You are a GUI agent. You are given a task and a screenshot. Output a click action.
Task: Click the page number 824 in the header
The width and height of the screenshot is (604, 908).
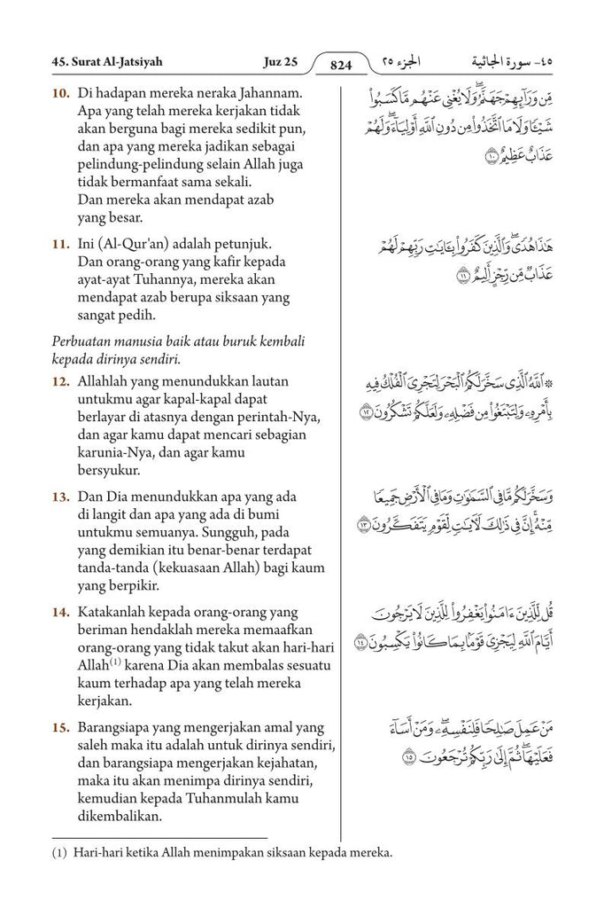[x=341, y=64]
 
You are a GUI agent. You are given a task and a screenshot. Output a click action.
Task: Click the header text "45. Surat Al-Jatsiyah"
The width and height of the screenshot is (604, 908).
[x=105, y=63]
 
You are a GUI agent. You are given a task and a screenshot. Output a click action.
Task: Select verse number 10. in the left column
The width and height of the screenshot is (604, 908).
[x=61, y=93]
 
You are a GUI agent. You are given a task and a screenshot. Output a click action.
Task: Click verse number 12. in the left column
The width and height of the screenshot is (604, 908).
[x=61, y=381]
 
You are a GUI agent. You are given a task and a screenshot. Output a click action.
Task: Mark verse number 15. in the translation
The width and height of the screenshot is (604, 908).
[x=61, y=728]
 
